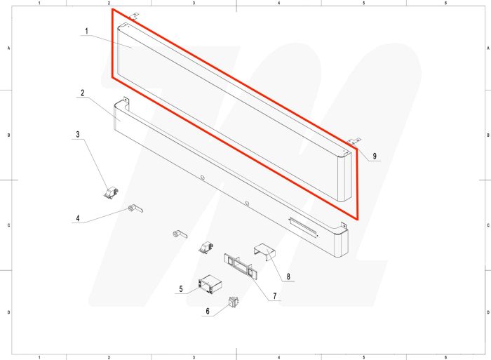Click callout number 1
click(x=87, y=32)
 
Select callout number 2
click(x=83, y=93)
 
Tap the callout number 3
click(x=79, y=133)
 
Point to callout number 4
click(x=79, y=218)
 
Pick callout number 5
click(x=182, y=289)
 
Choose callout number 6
click(x=208, y=310)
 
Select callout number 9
click(x=375, y=156)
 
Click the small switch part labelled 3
click(x=109, y=192)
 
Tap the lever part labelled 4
click(x=135, y=208)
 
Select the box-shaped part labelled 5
click(x=210, y=284)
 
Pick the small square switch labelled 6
click(x=232, y=304)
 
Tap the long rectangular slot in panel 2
click(x=303, y=225)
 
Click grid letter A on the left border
click(x=8, y=48)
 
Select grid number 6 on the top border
click(x=446, y=4)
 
